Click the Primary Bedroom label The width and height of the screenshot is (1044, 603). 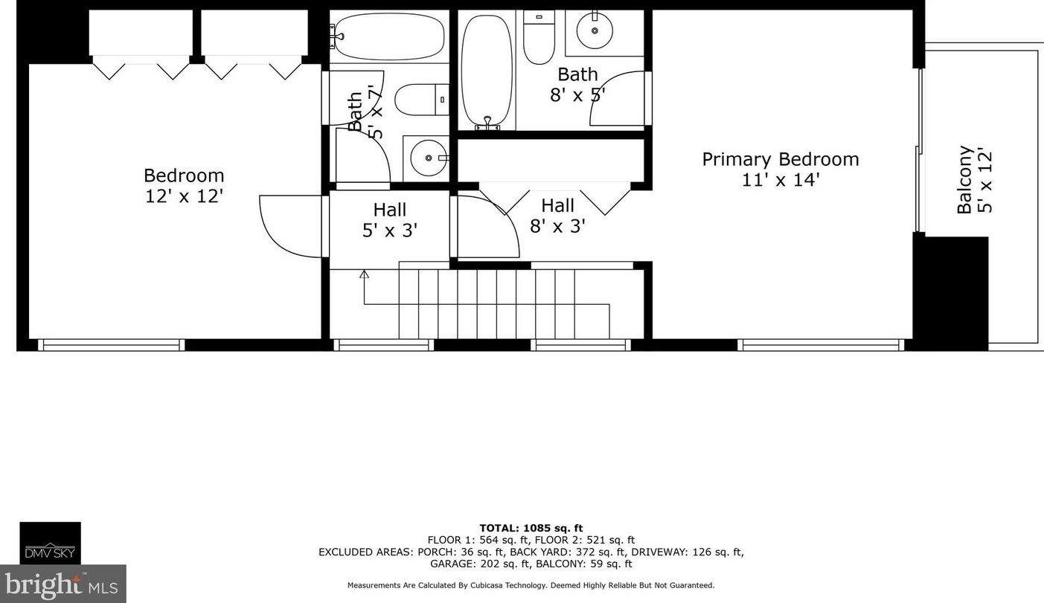(780, 159)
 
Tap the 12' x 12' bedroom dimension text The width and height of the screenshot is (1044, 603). (184, 196)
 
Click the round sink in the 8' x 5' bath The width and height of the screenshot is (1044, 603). (595, 30)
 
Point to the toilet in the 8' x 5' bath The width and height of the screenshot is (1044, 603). (539, 36)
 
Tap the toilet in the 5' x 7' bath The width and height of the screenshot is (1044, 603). (422, 99)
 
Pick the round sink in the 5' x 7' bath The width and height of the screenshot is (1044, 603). (429, 158)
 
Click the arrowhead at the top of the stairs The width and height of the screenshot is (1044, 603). (364, 274)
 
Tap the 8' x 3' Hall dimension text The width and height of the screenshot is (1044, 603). (557, 226)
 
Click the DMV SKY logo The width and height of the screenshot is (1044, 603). (50, 543)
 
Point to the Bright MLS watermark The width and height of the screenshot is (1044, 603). (63, 584)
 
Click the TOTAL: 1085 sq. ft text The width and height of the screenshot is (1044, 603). (531, 528)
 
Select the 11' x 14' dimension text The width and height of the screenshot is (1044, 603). (780, 180)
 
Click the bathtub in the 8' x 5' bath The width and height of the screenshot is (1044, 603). (487, 71)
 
